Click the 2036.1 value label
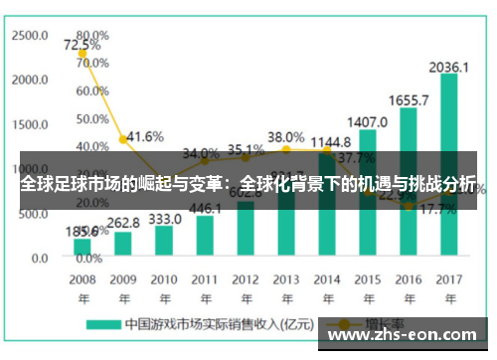pyautogui.click(x=449, y=67)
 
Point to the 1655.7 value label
pyautogui.click(x=409, y=100)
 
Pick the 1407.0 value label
pyautogui.click(x=368, y=122)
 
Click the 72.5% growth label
pyautogui.click(x=82, y=45)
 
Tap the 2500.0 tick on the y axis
pyautogui.click(x=29, y=34)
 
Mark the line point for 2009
pyautogui.click(x=123, y=139)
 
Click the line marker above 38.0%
pyautogui.click(x=286, y=150)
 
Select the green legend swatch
pyautogui.click(x=103, y=324)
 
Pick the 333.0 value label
pyautogui.click(x=164, y=218)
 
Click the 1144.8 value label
pyautogui.click(x=327, y=142)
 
